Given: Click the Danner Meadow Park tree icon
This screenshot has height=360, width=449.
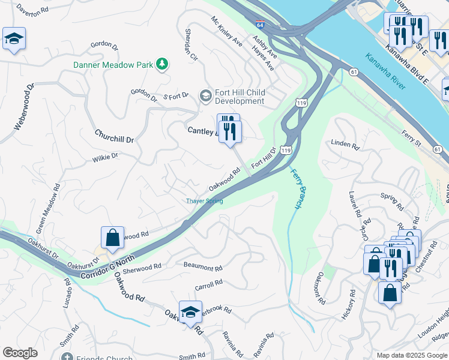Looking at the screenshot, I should tap(161, 64).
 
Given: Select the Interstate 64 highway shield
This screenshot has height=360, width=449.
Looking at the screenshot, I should tap(259, 26).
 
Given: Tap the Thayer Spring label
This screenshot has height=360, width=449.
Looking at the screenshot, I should tap(204, 201).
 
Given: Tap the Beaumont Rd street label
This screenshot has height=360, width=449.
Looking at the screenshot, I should tap(203, 267).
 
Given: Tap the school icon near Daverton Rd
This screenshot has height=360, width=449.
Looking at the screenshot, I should tap(13, 40).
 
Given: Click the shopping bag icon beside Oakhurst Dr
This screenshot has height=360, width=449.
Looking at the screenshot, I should tap(112, 238).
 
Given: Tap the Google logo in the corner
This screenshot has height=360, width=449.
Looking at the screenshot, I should tap(20, 353).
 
